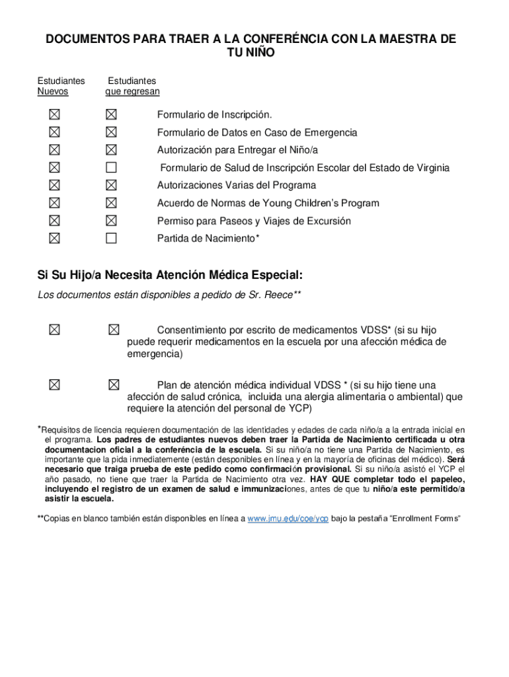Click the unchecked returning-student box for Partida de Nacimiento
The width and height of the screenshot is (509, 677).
111,238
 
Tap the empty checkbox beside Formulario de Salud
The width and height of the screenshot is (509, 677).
111,167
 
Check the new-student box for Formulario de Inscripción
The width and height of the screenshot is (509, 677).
53,114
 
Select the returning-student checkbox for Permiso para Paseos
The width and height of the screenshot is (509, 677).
111,220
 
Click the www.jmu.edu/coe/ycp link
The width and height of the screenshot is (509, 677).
288,518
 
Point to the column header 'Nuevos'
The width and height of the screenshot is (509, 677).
52,91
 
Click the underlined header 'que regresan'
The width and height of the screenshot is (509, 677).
132,91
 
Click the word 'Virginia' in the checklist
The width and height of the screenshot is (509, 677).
430,168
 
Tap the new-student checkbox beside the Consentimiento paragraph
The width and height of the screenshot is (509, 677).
53,329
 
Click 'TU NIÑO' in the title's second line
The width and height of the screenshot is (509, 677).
251,54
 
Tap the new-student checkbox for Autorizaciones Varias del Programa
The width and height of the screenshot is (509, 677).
53,185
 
